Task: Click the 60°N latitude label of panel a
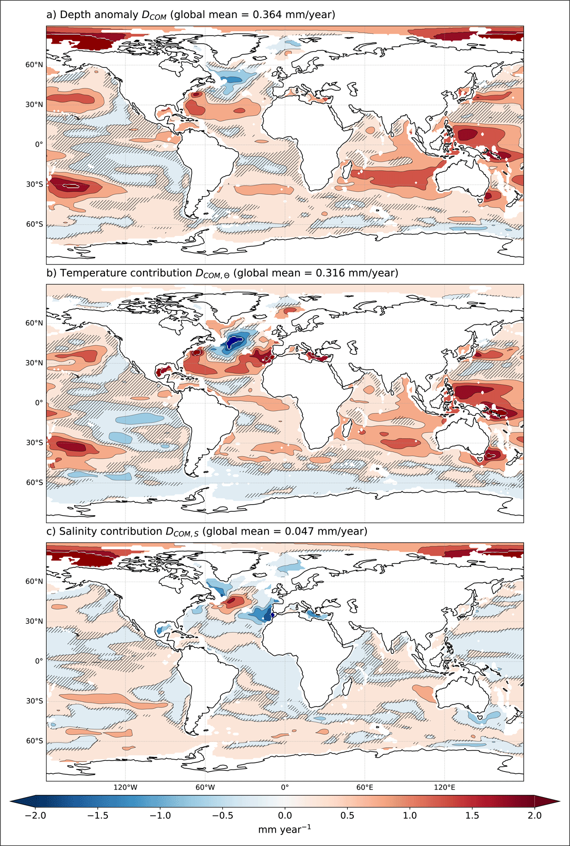click(34, 65)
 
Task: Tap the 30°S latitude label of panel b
click(34, 442)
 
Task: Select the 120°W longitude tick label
click(125, 787)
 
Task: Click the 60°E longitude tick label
click(365, 787)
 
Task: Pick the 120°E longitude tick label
click(445, 787)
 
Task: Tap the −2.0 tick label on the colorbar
click(35, 816)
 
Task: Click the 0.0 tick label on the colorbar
click(285, 816)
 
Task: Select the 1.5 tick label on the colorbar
click(472, 816)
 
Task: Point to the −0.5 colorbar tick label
click(222, 816)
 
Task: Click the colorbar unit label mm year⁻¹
click(285, 829)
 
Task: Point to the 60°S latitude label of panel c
click(34, 741)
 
